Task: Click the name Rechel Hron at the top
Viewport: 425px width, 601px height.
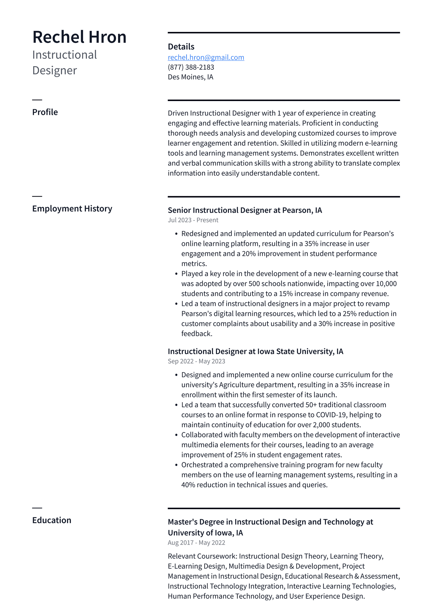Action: pyautogui.click(x=79, y=37)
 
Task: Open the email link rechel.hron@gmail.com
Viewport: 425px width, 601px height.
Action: pyautogui.click(x=206, y=57)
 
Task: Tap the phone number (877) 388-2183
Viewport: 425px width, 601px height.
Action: pyautogui.click(x=191, y=67)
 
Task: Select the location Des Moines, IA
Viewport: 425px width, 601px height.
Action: pyautogui.click(x=190, y=77)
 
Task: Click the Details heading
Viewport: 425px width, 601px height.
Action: pyautogui.click(x=181, y=47)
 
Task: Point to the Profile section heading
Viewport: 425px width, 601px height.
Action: pyautogui.click(x=45, y=112)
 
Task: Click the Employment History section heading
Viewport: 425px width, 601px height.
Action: pyautogui.click(x=72, y=209)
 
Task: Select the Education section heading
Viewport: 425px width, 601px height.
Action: pyautogui.click(x=52, y=520)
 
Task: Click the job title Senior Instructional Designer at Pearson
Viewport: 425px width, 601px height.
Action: pyautogui.click(x=245, y=210)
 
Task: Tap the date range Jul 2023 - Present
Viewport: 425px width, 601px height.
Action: pyautogui.click(x=193, y=220)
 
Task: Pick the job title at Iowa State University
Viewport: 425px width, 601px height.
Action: pyautogui.click(x=255, y=351)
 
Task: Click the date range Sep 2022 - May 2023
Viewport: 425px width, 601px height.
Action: pyautogui.click(x=196, y=361)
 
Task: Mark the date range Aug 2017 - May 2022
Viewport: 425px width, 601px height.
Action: pyautogui.click(x=196, y=543)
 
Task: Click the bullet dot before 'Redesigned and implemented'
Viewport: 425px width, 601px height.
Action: pyautogui.click(x=176, y=234)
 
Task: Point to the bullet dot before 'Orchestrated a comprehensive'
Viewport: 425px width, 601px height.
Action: pyautogui.click(x=176, y=465)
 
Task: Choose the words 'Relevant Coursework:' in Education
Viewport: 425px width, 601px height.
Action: pyautogui.click(x=202, y=556)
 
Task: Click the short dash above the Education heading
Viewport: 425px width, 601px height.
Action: pyautogui.click(x=37, y=508)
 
